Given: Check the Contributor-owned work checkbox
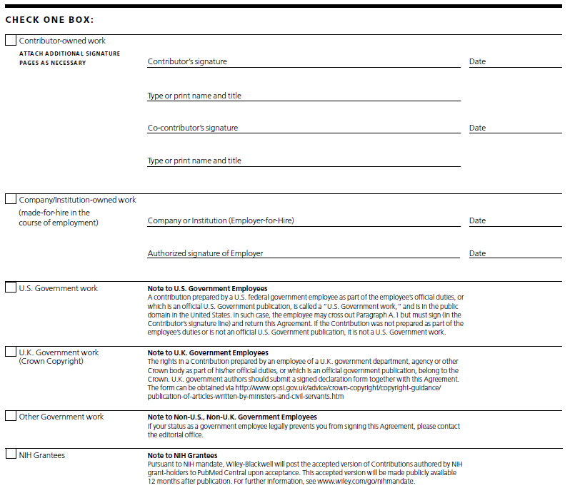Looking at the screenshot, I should [x=11, y=41].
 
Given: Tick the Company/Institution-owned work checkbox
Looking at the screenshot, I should [x=11, y=199].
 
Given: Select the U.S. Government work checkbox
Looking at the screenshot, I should [x=11, y=288].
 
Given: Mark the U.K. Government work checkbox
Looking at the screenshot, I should [x=11, y=352].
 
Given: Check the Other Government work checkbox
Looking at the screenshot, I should [x=11, y=416].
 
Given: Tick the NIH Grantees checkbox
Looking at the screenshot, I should [x=11, y=454].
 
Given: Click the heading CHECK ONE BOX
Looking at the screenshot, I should [x=49, y=19].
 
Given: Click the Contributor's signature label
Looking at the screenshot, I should [x=187, y=61].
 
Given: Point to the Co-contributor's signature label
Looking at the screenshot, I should [x=193, y=128].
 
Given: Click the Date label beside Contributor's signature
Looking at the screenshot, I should [x=477, y=61].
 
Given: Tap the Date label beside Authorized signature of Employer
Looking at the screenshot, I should [x=477, y=253].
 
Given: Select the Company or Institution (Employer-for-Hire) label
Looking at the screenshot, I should [x=221, y=220].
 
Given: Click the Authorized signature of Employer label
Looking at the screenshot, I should [x=205, y=253].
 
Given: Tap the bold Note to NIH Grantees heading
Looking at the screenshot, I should [x=182, y=455].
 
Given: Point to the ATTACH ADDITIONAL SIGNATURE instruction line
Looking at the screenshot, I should [x=69, y=54].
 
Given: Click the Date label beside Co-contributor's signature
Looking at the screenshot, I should [x=477, y=128].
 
